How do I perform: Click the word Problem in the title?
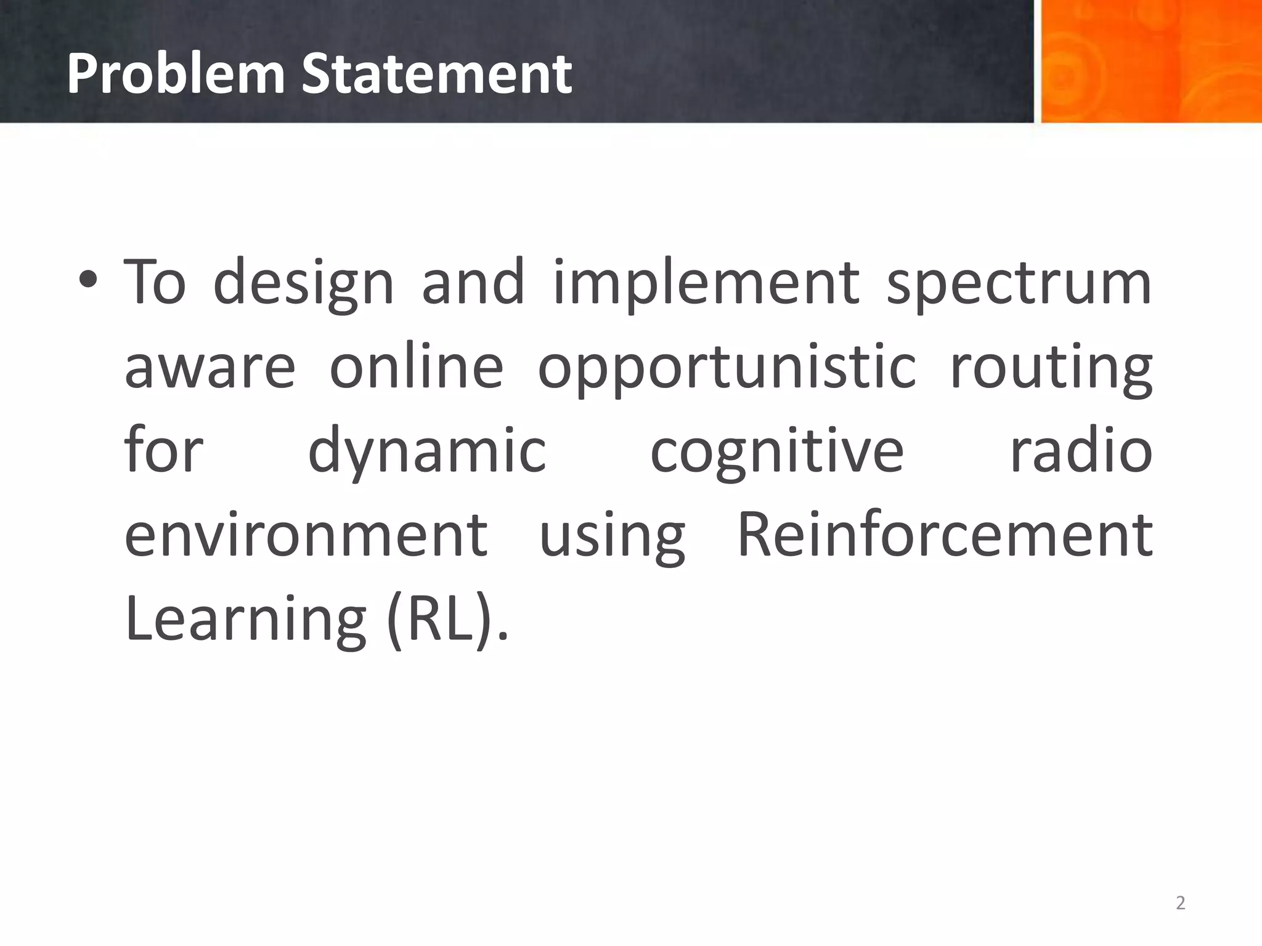175,74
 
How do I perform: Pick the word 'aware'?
210,368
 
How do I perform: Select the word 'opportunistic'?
727,368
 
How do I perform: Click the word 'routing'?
1051,368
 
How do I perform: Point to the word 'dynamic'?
426,451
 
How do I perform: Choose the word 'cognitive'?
777,451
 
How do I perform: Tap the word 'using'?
612,536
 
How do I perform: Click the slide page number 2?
1180,903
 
